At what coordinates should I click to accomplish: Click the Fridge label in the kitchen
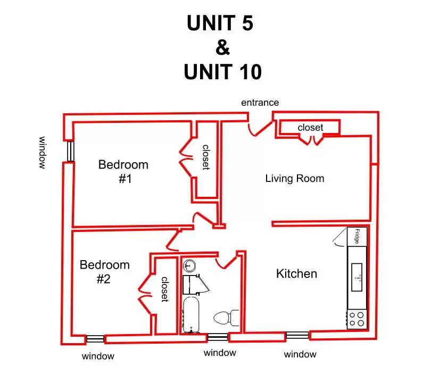tap(357, 236)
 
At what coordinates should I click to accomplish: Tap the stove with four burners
tap(357, 319)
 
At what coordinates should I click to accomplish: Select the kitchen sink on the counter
tap(357, 277)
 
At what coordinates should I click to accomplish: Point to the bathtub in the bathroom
tap(191, 315)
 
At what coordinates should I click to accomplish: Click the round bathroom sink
tap(189, 265)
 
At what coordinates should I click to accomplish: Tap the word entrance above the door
tap(260, 103)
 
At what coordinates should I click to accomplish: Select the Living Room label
tap(295, 178)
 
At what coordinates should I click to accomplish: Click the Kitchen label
tap(296, 273)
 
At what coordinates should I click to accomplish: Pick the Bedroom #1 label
tap(123, 171)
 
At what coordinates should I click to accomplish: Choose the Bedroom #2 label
tap(104, 272)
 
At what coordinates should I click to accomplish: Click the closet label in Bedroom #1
tap(206, 157)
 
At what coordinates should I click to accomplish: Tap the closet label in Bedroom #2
tap(164, 289)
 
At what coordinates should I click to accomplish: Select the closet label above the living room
tap(310, 127)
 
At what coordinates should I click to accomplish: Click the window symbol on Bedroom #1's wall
tap(71, 152)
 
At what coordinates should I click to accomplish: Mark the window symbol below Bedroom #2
tap(95, 339)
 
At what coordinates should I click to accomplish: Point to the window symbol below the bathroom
tap(218, 337)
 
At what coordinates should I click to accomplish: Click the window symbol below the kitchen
tap(297, 335)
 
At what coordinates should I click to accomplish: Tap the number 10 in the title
tap(247, 72)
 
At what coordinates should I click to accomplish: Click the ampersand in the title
tap(222, 47)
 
